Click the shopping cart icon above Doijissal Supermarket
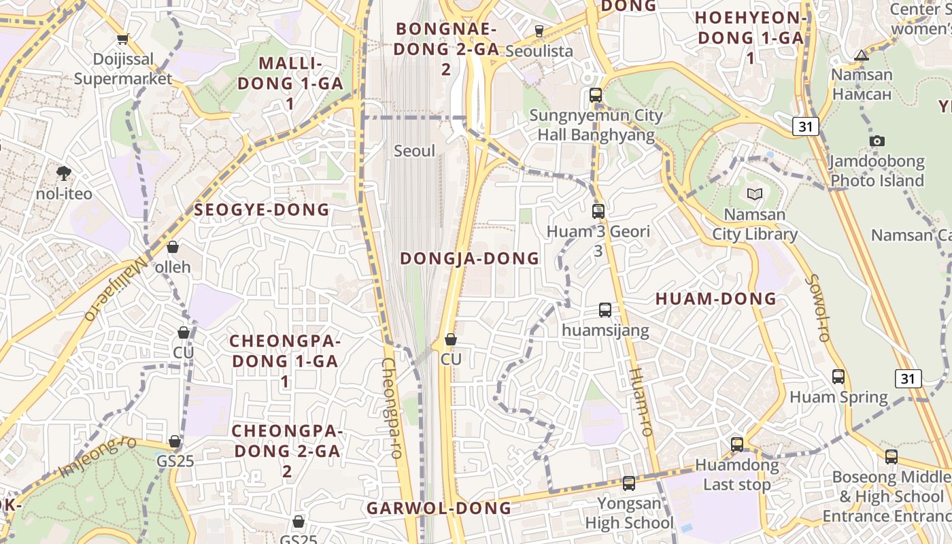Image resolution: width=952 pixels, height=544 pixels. (122, 39)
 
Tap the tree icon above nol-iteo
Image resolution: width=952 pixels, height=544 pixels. (64, 173)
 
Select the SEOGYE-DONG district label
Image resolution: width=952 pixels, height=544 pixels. (262, 210)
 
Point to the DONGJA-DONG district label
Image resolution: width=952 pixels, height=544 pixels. (469, 258)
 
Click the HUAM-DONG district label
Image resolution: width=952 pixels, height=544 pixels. (715, 299)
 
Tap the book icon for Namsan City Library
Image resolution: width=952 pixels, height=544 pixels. (754, 194)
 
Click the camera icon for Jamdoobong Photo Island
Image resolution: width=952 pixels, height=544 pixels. (877, 141)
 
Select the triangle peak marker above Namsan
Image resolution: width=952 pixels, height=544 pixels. (862, 55)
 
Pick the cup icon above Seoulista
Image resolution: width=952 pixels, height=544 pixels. (539, 31)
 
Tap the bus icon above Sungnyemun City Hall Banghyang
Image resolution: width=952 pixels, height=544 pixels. (596, 95)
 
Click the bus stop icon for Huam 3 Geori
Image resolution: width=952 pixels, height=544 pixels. (598, 211)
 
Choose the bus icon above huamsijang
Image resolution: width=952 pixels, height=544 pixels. (605, 310)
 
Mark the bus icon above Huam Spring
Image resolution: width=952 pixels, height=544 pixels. (838, 377)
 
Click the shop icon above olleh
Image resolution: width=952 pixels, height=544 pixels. (173, 247)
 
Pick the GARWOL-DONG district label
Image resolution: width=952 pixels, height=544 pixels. (439, 508)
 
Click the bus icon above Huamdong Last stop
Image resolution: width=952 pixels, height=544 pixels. (737, 445)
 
